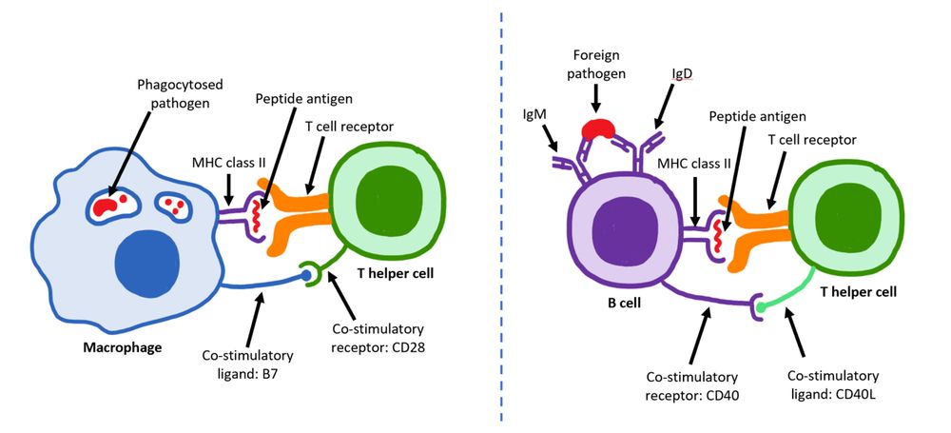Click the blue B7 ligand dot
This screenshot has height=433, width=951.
[306, 276]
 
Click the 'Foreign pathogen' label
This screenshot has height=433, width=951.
[595, 63]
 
